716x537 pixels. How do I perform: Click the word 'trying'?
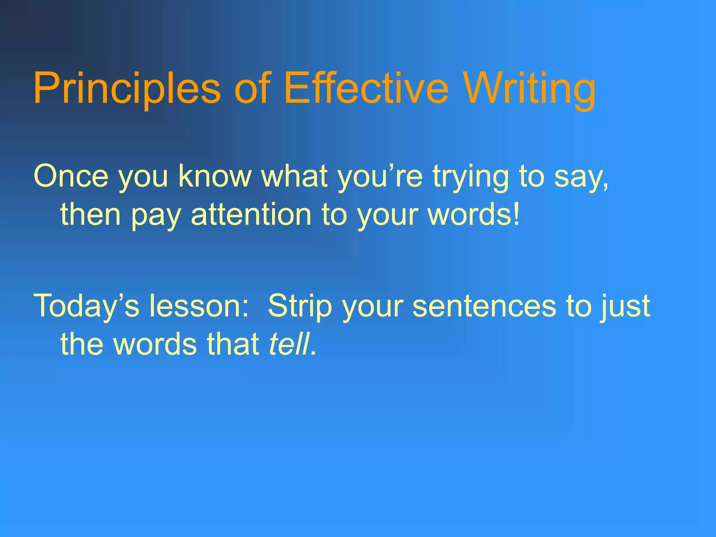click(471, 177)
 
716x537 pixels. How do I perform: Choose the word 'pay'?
click(156, 215)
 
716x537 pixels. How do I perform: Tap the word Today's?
click(86, 306)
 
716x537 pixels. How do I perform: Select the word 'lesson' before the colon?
click(194, 306)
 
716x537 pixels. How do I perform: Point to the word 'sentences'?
click(484, 306)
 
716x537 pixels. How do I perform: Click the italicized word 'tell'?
click(289, 344)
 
